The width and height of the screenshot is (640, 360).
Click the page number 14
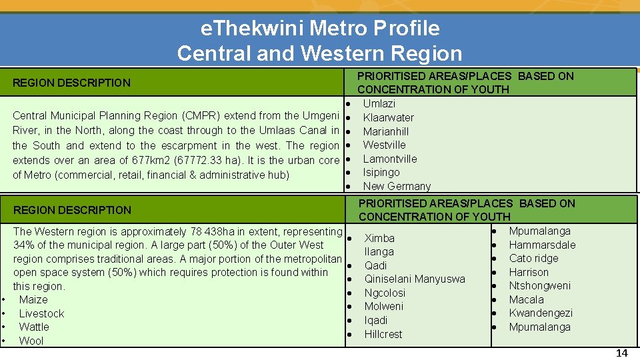[x=621, y=353]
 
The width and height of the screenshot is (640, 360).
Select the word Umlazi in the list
[x=379, y=103]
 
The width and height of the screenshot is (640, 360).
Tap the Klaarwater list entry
[x=388, y=117]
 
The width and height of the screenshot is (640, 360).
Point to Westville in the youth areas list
[x=384, y=145]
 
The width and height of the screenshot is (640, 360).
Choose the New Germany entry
[x=397, y=186]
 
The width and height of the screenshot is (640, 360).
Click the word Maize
[x=33, y=300]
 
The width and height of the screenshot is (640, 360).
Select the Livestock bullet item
[x=41, y=313]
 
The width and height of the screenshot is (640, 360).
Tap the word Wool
[x=31, y=341]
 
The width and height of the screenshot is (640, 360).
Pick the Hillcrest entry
[x=383, y=334]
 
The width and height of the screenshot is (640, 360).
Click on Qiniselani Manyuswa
[x=415, y=279]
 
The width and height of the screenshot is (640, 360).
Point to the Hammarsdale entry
[x=542, y=245]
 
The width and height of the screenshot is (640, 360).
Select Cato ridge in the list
[x=533, y=258]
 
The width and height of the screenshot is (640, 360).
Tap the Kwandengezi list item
[x=541, y=313]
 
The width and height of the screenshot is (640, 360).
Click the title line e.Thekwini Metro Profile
[x=320, y=28]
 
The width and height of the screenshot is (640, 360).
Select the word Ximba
[x=379, y=238]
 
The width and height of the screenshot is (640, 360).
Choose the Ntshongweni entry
[x=540, y=285]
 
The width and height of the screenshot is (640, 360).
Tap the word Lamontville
[x=390, y=159]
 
